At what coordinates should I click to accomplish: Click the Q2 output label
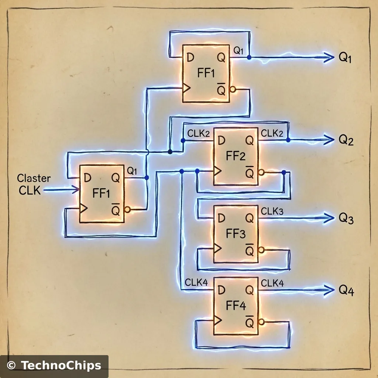[x=346, y=140]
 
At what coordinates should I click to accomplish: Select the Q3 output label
[x=346, y=219]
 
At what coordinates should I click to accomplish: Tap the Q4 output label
[x=346, y=291]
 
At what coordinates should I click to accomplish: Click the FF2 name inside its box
[x=236, y=156]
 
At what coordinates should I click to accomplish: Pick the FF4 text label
[x=236, y=306]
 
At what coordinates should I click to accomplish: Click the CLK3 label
[x=272, y=212]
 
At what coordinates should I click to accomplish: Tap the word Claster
[x=34, y=179]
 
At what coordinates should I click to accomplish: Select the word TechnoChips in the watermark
[x=61, y=366]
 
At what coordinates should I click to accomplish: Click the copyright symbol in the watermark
[x=11, y=366]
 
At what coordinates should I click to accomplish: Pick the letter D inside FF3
[x=221, y=219]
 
